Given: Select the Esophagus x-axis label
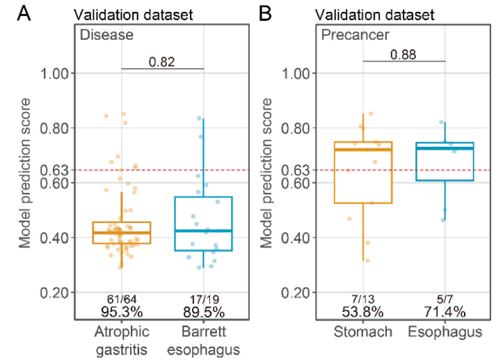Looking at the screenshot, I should coord(445,333).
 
